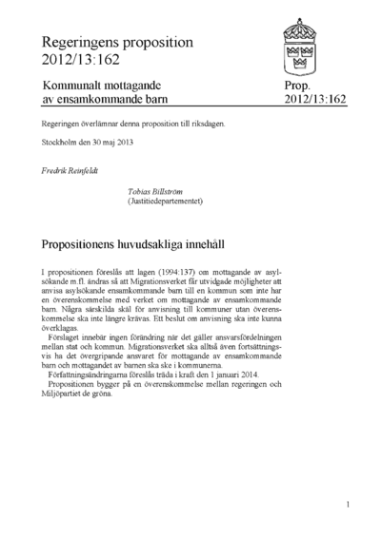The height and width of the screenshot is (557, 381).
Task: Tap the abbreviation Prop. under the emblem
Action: pos(296,86)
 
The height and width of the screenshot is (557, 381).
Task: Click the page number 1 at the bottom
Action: pos(349,505)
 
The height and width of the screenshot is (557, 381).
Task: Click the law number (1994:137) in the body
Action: pos(149,273)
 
